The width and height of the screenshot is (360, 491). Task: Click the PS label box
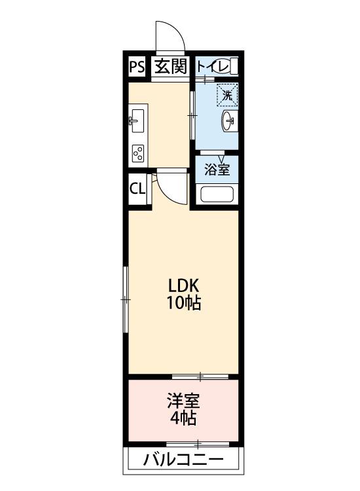click(x=137, y=65)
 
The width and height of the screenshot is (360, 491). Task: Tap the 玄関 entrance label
click(x=171, y=65)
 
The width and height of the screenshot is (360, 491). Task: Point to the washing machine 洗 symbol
click(x=228, y=95)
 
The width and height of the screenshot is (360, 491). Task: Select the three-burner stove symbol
click(x=138, y=153)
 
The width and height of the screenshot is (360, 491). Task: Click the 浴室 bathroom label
click(x=217, y=170)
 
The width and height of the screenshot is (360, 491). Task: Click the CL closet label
click(x=137, y=189)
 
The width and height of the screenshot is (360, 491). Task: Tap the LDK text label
click(x=183, y=286)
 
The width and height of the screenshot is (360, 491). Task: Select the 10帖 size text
click(x=183, y=303)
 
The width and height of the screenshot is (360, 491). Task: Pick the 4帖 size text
click(x=183, y=418)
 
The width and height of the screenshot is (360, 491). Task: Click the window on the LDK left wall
click(x=126, y=299)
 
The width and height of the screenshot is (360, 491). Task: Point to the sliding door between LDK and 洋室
click(x=200, y=376)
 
